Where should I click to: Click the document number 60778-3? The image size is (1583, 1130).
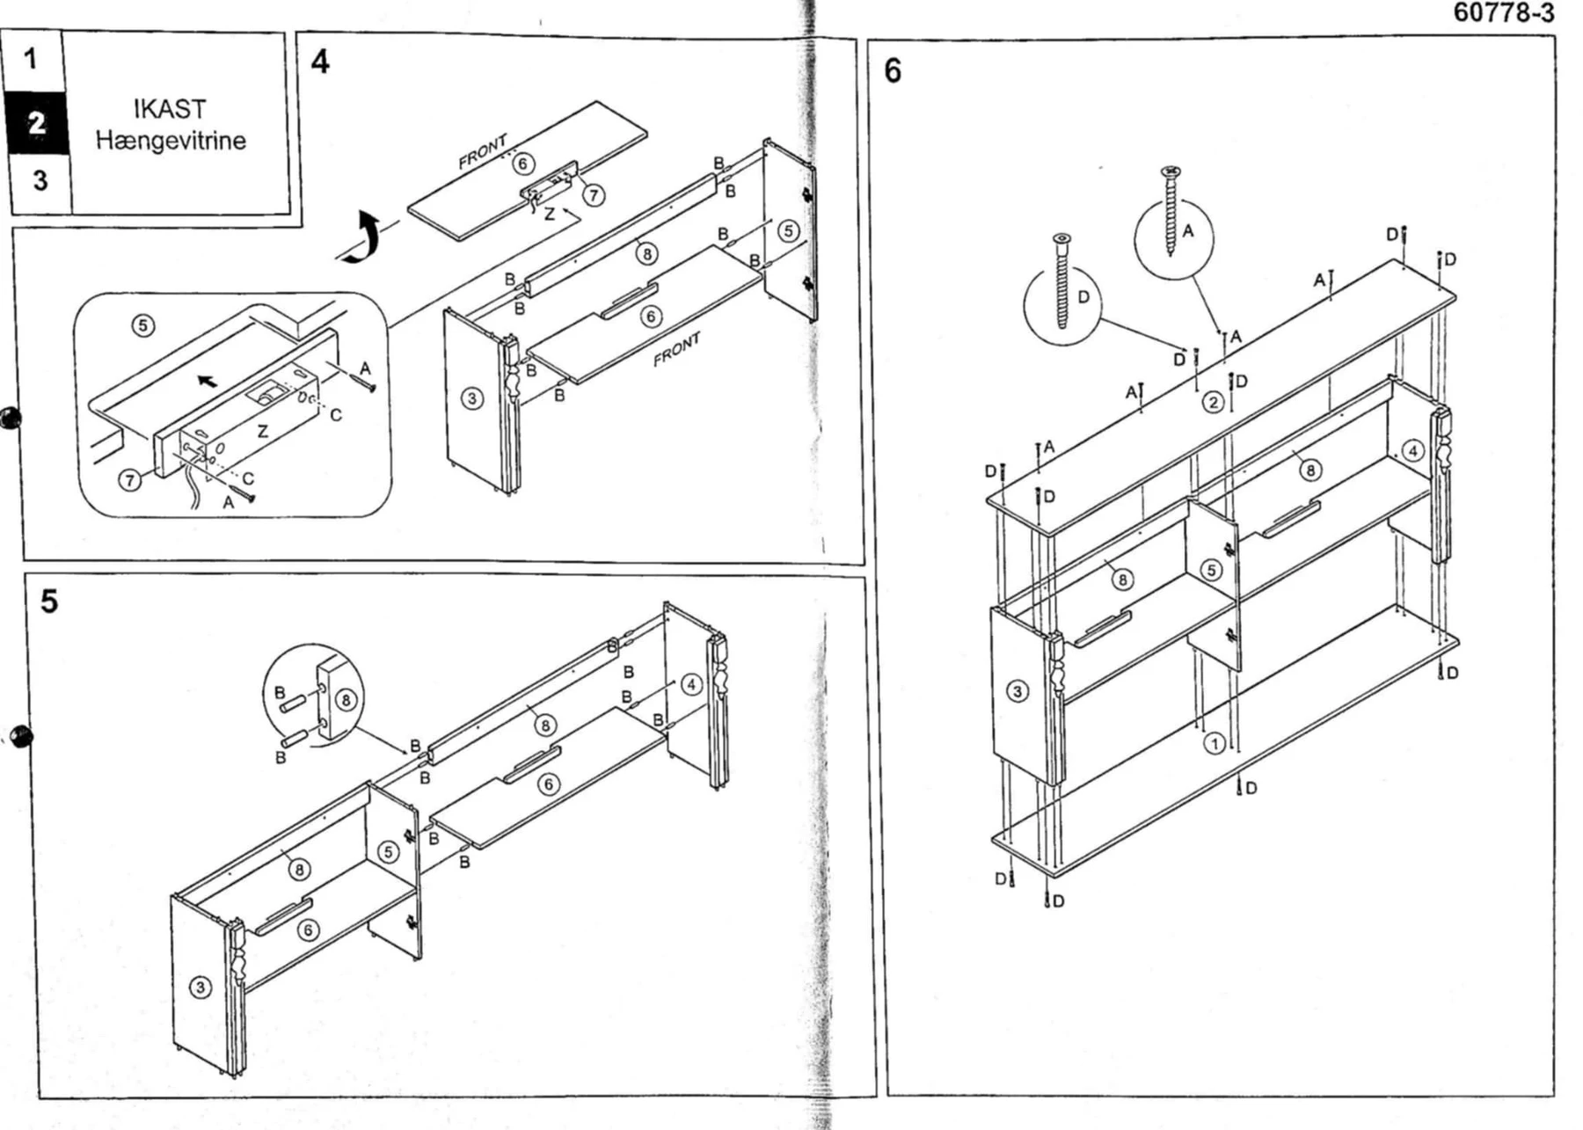(x=1503, y=13)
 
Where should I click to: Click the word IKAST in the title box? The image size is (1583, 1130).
(x=171, y=109)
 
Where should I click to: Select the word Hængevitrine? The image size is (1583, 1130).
(x=171, y=140)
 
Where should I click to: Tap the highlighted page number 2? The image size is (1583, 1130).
(x=36, y=122)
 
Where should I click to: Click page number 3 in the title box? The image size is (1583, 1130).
(x=40, y=180)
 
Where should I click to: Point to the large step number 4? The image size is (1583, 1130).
(x=320, y=62)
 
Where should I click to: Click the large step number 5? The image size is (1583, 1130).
(x=49, y=601)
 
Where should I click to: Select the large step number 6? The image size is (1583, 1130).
(x=893, y=70)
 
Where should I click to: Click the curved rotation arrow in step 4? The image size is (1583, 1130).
(x=364, y=237)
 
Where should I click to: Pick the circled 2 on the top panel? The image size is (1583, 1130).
(x=1214, y=403)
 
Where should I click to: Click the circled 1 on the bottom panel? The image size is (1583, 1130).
(x=1215, y=744)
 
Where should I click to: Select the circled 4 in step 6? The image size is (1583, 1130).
(x=1412, y=451)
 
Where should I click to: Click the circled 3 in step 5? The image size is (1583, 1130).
(x=201, y=988)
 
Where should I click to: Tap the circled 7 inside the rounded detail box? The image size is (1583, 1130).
(x=130, y=480)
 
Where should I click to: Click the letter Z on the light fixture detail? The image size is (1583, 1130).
(x=262, y=432)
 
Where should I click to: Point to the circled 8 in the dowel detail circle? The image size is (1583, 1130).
(x=347, y=700)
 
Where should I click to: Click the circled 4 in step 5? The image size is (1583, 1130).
(x=692, y=684)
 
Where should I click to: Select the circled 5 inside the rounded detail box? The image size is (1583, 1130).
(x=143, y=325)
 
